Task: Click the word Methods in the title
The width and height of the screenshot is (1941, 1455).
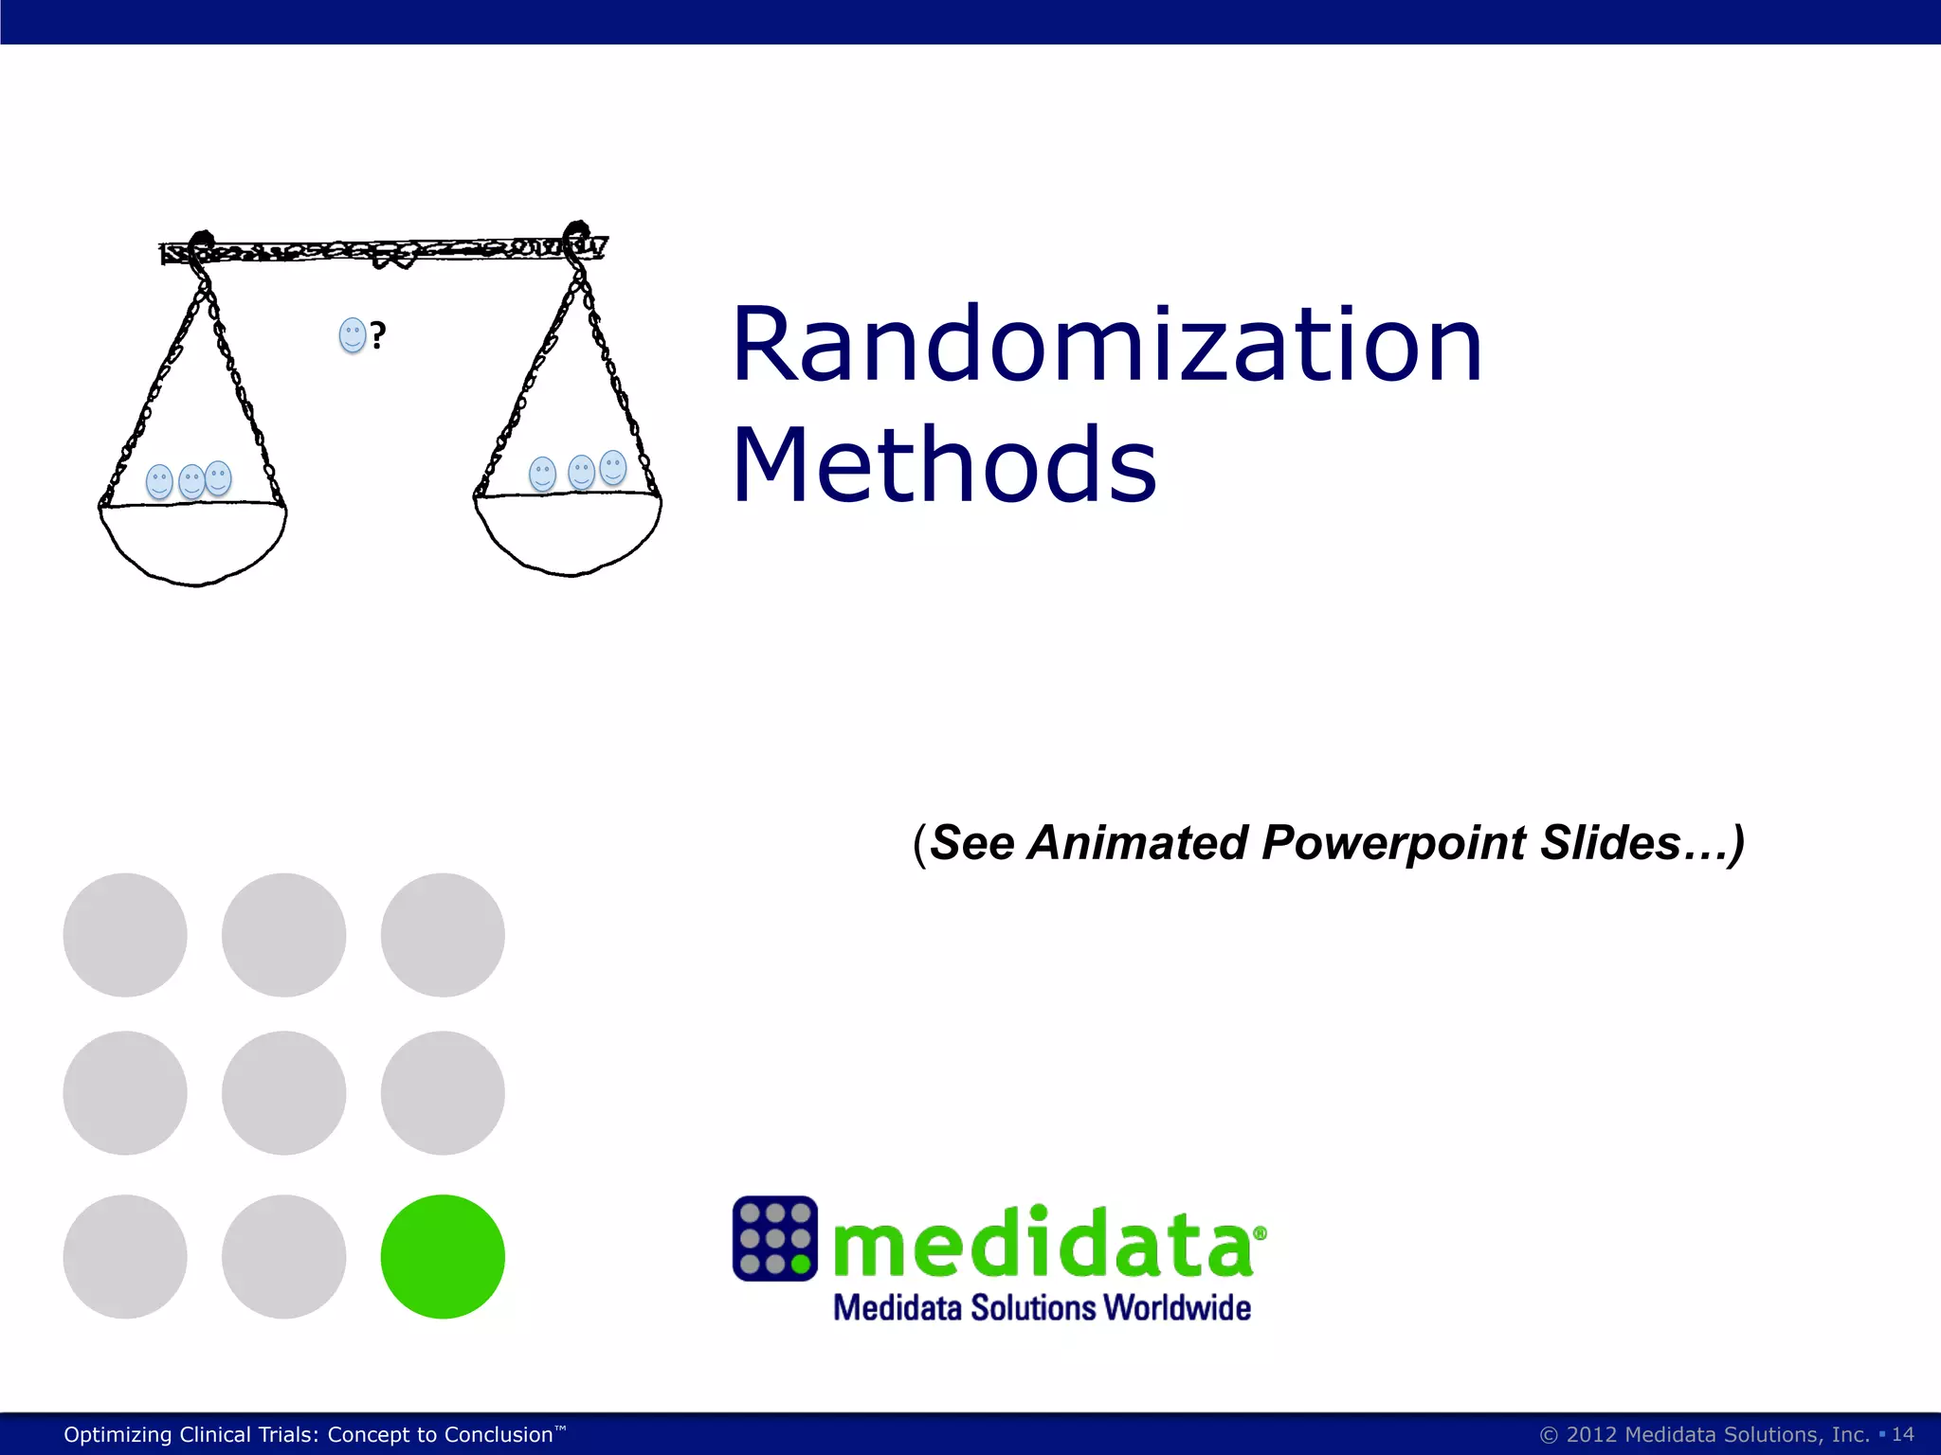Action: (x=944, y=465)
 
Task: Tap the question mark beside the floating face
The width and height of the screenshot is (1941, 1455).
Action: (x=378, y=335)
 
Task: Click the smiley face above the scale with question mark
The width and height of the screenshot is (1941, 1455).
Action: (x=352, y=335)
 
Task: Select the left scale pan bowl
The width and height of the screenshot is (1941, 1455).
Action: (x=193, y=542)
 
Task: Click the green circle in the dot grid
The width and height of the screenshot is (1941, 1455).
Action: (x=443, y=1256)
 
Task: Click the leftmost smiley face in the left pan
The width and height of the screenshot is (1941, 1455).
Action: (x=159, y=481)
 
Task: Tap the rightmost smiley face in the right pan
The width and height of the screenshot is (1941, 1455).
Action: (x=613, y=467)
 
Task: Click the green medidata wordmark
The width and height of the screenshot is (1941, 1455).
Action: (x=1043, y=1243)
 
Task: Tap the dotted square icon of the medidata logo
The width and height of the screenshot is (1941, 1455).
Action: (x=774, y=1238)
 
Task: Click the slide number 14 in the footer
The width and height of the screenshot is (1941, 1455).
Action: (x=1902, y=1434)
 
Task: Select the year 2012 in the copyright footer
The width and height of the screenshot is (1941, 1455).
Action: (x=1591, y=1434)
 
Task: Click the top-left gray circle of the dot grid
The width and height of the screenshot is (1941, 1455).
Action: (x=125, y=934)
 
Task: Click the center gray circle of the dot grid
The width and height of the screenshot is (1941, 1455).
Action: (x=283, y=1092)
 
